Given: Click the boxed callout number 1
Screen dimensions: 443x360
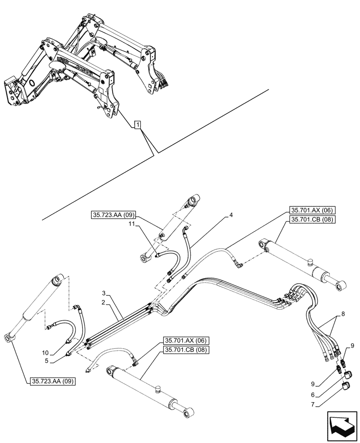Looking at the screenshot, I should pyautogui.click(x=138, y=126).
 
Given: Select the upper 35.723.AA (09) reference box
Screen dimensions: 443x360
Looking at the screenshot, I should pyautogui.click(x=114, y=216).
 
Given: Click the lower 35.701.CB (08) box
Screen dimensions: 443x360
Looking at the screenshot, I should pyautogui.click(x=184, y=350).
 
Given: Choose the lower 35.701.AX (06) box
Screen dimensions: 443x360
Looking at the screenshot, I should pyautogui.click(x=184, y=341).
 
